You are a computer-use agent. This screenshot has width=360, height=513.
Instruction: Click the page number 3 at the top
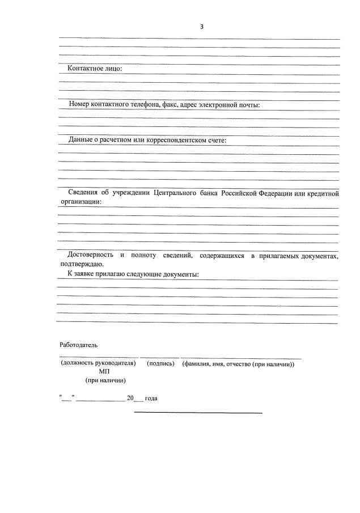tap(202, 27)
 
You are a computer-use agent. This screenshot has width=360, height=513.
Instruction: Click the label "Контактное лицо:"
tap(95, 69)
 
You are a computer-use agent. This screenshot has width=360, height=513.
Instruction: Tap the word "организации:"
tap(80, 201)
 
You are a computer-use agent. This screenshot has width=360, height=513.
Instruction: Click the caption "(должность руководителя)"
tap(98, 363)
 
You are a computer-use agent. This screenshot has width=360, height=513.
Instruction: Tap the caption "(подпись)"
tap(160, 363)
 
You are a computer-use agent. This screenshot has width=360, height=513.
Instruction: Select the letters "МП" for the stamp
tap(104, 371)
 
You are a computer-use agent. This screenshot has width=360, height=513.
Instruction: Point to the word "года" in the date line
tap(151, 398)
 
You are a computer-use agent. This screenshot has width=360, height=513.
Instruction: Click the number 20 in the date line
tap(130, 398)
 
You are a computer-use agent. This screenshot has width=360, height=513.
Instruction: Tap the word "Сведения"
tap(82, 193)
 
